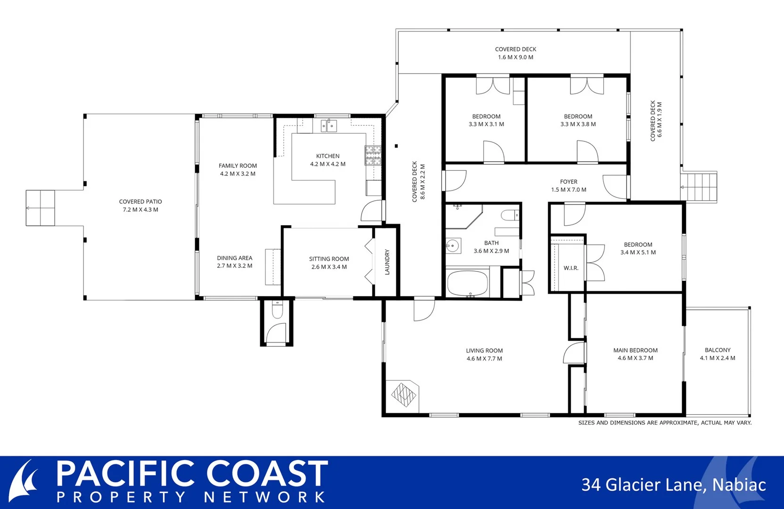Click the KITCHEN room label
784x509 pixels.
(328, 156)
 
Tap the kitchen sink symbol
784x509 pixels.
(329, 126)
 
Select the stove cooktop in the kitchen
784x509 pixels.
(372, 156)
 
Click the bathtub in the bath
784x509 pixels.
(468, 283)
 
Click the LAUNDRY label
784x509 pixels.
(387, 262)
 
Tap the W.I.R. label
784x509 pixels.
(571, 268)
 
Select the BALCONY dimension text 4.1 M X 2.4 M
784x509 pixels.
(717, 358)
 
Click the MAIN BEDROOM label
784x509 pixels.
(635, 350)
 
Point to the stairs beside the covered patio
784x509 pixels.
(41, 208)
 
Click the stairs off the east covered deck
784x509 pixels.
(700, 187)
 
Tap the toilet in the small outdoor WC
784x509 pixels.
(277, 311)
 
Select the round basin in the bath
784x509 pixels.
(453, 246)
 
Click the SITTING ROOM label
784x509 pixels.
(329, 259)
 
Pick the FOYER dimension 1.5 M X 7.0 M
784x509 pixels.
(569, 190)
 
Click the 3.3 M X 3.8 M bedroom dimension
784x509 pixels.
(578, 124)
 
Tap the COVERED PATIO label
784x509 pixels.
(140, 202)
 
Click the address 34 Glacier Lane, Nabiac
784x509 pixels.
(673, 485)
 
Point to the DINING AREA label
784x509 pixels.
(234, 258)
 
